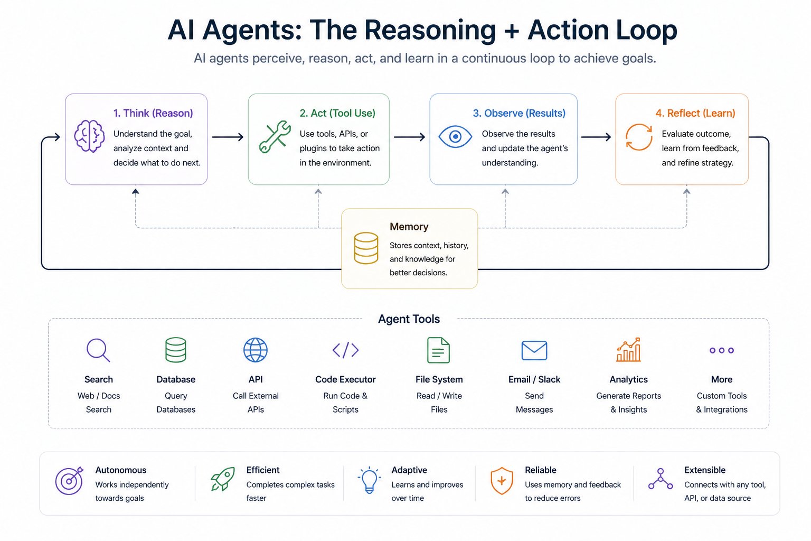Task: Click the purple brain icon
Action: click(x=89, y=136)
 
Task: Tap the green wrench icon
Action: click(x=275, y=137)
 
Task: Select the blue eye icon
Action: click(x=455, y=137)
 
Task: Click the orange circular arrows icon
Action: click(x=639, y=137)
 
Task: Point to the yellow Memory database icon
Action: click(x=366, y=248)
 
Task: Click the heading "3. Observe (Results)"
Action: click(x=519, y=113)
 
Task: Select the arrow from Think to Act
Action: click(x=228, y=137)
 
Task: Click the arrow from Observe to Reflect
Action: click(x=596, y=137)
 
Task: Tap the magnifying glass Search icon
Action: click(x=98, y=350)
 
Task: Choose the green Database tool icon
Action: click(x=176, y=350)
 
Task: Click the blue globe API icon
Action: click(x=256, y=350)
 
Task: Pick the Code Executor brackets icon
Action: click(x=345, y=350)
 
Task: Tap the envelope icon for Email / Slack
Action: click(x=534, y=350)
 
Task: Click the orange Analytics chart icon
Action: click(x=628, y=350)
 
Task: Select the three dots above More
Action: click(x=722, y=350)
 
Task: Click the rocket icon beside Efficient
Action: click(x=223, y=479)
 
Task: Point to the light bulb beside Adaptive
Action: click(x=369, y=480)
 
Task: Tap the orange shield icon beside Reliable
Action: click(x=502, y=481)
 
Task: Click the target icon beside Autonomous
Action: click(x=69, y=480)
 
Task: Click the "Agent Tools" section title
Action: click(x=409, y=319)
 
